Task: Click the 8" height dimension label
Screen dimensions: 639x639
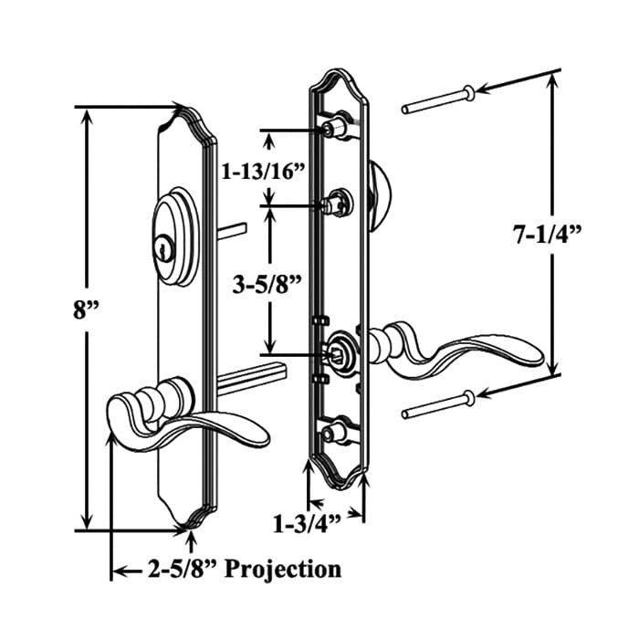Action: (x=86, y=310)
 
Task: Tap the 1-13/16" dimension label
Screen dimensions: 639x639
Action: (x=263, y=172)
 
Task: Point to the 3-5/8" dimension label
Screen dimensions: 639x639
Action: (x=267, y=285)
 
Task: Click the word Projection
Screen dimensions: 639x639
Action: (x=283, y=570)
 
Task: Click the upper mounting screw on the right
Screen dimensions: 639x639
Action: (x=438, y=100)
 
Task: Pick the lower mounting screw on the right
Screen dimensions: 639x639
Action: (x=438, y=403)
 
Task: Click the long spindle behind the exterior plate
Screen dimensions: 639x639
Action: (x=253, y=379)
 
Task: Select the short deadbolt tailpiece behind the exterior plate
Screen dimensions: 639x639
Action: (x=232, y=231)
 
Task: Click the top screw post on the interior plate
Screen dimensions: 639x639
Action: (x=335, y=126)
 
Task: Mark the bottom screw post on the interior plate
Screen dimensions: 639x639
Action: (x=335, y=431)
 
